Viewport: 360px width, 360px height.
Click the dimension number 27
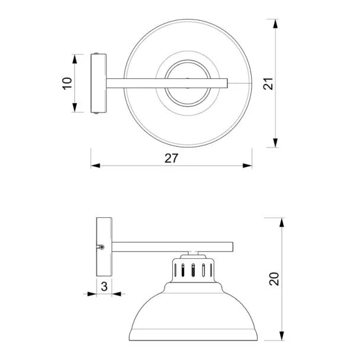tap(171, 158)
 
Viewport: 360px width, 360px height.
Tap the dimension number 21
tap(268, 84)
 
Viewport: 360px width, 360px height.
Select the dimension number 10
tap(67, 83)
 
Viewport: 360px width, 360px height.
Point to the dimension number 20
tap(274, 279)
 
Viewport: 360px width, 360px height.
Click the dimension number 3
tap(104, 287)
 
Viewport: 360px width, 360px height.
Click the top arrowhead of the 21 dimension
tap(275, 24)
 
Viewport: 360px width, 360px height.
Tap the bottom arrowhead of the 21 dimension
tap(275, 143)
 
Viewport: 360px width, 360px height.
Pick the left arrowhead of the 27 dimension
tap(95, 166)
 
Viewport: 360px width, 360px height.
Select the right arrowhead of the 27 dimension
tap(247, 166)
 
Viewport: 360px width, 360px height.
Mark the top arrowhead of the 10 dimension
tap(75, 59)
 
